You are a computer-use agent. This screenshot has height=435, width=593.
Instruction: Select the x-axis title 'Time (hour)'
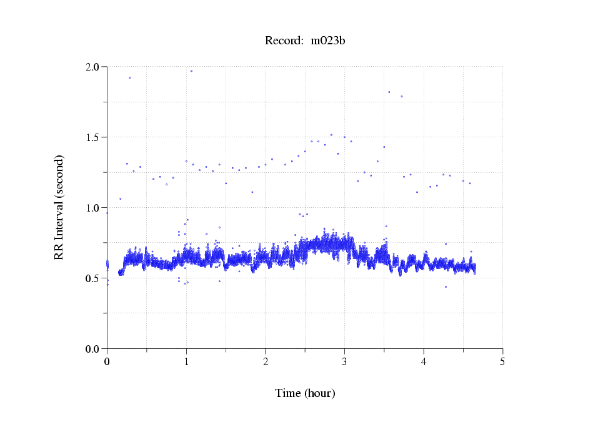click(x=305, y=393)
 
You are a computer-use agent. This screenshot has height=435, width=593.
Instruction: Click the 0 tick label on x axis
click(x=107, y=361)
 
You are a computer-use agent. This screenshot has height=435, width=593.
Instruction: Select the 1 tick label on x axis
click(x=186, y=361)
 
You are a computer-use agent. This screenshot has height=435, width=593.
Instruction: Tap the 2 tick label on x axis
click(x=266, y=361)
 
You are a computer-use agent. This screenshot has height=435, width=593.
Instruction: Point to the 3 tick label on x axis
click(x=344, y=361)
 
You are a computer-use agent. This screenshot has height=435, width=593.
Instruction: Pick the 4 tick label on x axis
click(x=424, y=361)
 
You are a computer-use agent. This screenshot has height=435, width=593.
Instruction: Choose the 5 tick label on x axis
click(x=502, y=361)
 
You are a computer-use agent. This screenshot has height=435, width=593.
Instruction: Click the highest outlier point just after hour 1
click(x=191, y=71)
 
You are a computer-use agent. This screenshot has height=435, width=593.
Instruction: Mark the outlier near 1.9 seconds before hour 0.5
click(x=129, y=78)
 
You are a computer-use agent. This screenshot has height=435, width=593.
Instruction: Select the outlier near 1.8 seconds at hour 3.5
click(x=389, y=92)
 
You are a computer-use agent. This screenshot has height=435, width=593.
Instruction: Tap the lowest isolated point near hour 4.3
click(x=446, y=286)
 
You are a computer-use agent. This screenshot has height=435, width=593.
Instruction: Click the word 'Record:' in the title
click(x=284, y=41)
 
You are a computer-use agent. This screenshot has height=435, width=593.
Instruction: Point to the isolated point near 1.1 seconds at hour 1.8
click(x=252, y=192)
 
